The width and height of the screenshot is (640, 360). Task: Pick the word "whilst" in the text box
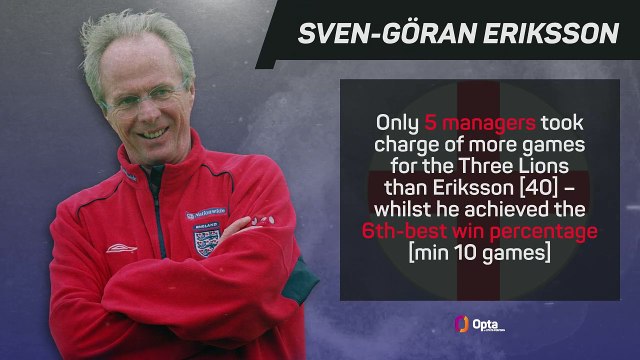(405, 209)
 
